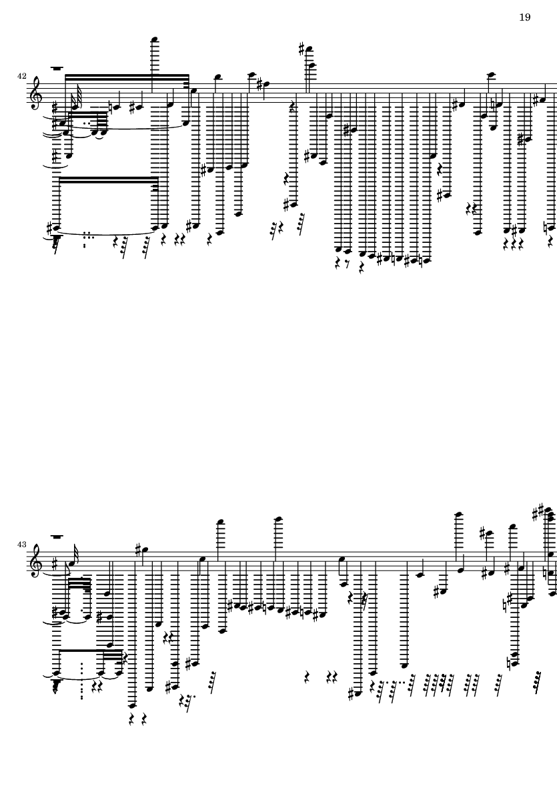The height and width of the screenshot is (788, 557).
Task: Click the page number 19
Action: (x=524, y=17)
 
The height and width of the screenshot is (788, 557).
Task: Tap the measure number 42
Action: (x=21, y=76)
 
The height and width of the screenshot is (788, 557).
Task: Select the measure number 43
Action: (x=21, y=544)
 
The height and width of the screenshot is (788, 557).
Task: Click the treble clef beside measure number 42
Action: (x=35, y=93)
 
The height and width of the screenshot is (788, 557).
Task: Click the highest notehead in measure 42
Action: (x=155, y=40)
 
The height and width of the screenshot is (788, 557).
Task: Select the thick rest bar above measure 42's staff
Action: (x=57, y=67)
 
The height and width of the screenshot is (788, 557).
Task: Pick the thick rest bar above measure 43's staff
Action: (x=57, y=536)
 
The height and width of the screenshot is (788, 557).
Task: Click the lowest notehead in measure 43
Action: (x=131, y=705)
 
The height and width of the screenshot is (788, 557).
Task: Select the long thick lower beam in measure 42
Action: (x=108, y=179)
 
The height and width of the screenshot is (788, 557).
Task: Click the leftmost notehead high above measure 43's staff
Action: (x=219, y=522)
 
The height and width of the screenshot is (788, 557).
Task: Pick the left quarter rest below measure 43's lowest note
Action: (x=131, y=720)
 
